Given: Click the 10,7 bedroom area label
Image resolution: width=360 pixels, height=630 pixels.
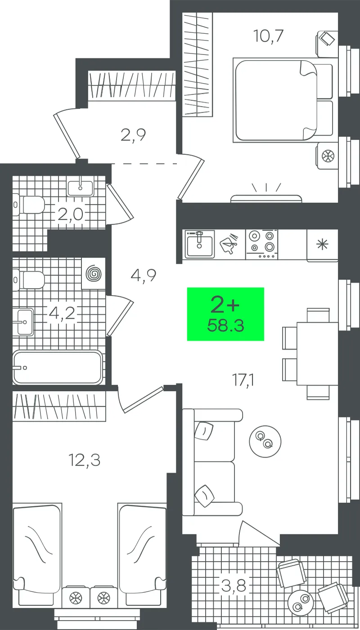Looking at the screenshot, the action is [268, 36].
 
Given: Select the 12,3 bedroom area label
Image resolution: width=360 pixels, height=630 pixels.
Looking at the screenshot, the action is [85, 460].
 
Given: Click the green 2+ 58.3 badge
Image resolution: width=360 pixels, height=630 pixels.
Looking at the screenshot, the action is [225, 314].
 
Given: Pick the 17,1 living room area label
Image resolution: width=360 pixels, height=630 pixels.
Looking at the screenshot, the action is [243, 380].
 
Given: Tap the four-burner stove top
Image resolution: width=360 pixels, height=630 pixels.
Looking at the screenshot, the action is [262, 244].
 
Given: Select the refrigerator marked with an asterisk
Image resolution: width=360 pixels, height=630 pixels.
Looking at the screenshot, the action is [322, 245].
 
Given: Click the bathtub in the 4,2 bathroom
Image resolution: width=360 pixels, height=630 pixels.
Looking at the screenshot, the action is [58, 367].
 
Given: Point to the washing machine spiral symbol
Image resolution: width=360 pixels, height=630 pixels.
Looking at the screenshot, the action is [94, 274].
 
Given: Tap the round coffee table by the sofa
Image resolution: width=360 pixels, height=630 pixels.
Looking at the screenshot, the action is [265, 441].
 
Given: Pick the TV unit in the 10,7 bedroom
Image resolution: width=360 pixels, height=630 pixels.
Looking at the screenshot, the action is [266, 198].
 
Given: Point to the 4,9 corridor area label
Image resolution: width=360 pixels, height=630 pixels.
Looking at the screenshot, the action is [144, 275].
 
